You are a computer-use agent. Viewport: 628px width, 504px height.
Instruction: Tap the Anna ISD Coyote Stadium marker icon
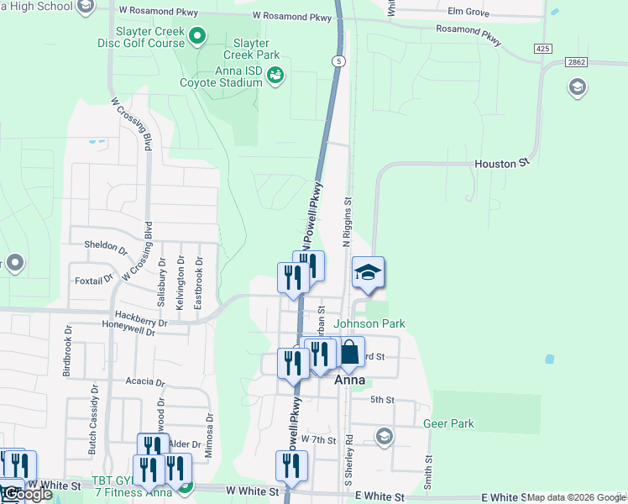(275, 76)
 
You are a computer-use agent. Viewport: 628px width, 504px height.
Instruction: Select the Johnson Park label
(369, 323)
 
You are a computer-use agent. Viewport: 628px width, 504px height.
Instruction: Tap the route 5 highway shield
(338, 61)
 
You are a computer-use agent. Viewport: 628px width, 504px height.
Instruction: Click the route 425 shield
(543, 50)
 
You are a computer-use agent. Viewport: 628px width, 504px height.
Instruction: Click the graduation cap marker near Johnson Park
(368, 273)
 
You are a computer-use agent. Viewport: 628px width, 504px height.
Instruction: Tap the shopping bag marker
(349, 353)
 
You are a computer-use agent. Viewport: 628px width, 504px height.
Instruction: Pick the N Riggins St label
(347, 223)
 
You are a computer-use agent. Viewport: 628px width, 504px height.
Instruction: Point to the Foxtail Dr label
(93, 279)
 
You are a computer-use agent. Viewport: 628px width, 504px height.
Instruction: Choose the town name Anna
(349, 380)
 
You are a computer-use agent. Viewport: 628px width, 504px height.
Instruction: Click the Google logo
(27, 495)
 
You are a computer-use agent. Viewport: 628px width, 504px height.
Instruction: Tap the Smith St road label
(428, 474)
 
